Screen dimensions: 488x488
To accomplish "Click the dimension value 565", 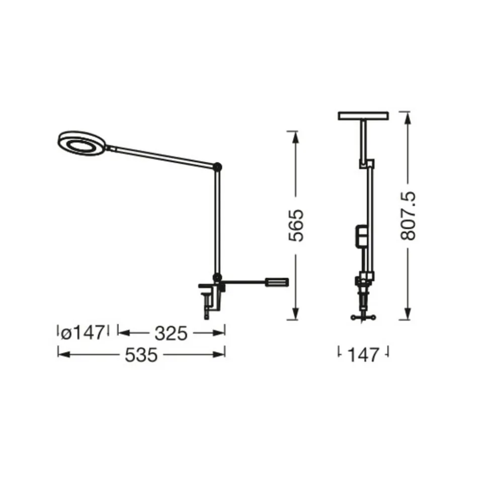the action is [x=296, y=226].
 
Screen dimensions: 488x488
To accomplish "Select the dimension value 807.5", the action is [x=408, y=216].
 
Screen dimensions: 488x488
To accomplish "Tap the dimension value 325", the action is [x=171, y=333].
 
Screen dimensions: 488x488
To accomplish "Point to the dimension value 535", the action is [x=141, y=355].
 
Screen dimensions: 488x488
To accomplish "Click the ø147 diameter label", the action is [x=82, y=333].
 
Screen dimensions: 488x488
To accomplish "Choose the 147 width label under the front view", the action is [x=363, y=355].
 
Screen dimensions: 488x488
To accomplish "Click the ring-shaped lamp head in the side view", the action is [x=82, y=143].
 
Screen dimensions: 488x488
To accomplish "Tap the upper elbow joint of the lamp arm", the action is [x=217, y=166].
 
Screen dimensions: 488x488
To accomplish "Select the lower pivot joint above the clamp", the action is [x=216, y=277].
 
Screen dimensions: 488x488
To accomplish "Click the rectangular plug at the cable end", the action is [x=277, y=282].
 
